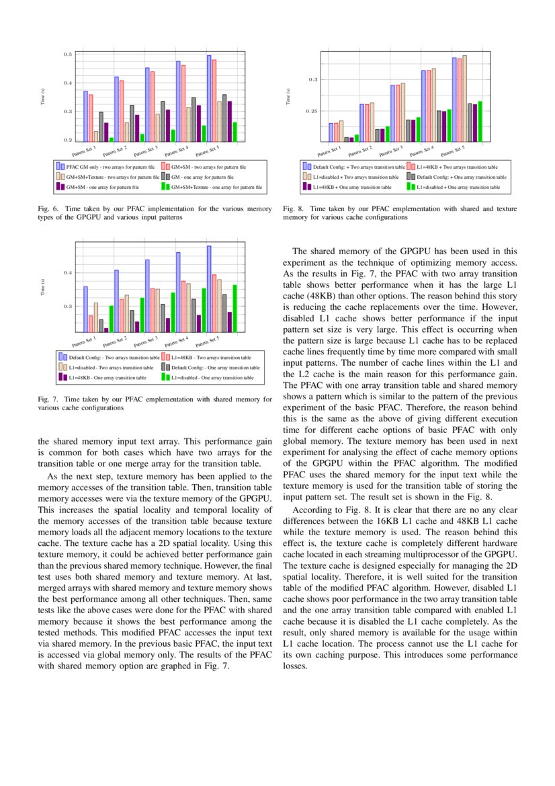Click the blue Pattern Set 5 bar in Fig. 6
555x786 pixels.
(209, 98)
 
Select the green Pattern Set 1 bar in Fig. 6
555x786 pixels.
(112, 139)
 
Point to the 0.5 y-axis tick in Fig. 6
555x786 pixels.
(68, 54)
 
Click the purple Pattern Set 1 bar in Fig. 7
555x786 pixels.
(106, 330)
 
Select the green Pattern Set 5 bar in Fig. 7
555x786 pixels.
(234, 308)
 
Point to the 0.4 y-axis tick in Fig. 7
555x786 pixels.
(68, 272)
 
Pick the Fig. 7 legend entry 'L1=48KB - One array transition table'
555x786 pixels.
(107, 378)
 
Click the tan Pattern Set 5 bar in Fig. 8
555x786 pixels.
(465, 98)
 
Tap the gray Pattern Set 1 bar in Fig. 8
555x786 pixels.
(346, 139)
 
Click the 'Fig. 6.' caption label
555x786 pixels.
(46, 209)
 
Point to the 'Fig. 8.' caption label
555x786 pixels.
(292, 209)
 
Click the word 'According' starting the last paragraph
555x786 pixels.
(312, 509)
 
